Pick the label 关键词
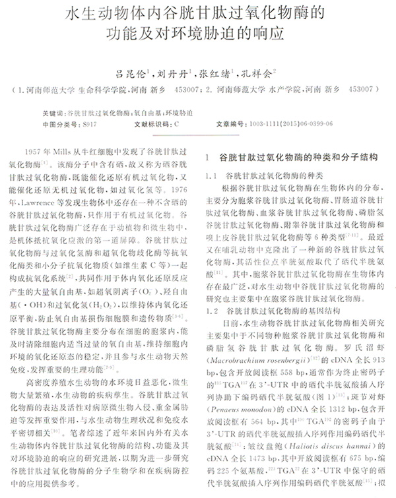click(53, 113)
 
